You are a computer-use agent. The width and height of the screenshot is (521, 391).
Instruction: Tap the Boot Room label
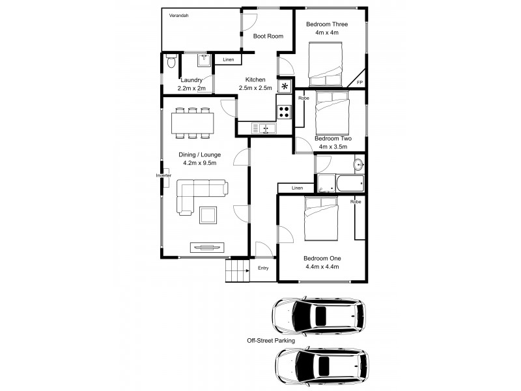[268, 36]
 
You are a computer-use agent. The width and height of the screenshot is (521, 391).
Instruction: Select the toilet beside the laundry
[170, 61]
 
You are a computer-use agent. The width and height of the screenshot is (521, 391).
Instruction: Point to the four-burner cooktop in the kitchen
[285, 111]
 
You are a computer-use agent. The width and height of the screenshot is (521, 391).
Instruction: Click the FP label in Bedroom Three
[359, 83]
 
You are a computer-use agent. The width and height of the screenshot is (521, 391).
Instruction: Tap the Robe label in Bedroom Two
[303, 98]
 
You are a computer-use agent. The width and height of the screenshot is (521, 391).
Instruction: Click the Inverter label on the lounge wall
[163, 176]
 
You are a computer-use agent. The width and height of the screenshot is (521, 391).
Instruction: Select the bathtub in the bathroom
[341, 183]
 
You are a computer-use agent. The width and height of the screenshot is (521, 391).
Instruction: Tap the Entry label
[263, 268]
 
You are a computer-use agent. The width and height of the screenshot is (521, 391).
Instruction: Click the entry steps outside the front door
[238, 270]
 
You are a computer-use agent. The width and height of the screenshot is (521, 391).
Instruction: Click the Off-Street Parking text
[270, 340]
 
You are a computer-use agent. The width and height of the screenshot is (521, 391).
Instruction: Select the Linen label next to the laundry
[228, 60]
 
